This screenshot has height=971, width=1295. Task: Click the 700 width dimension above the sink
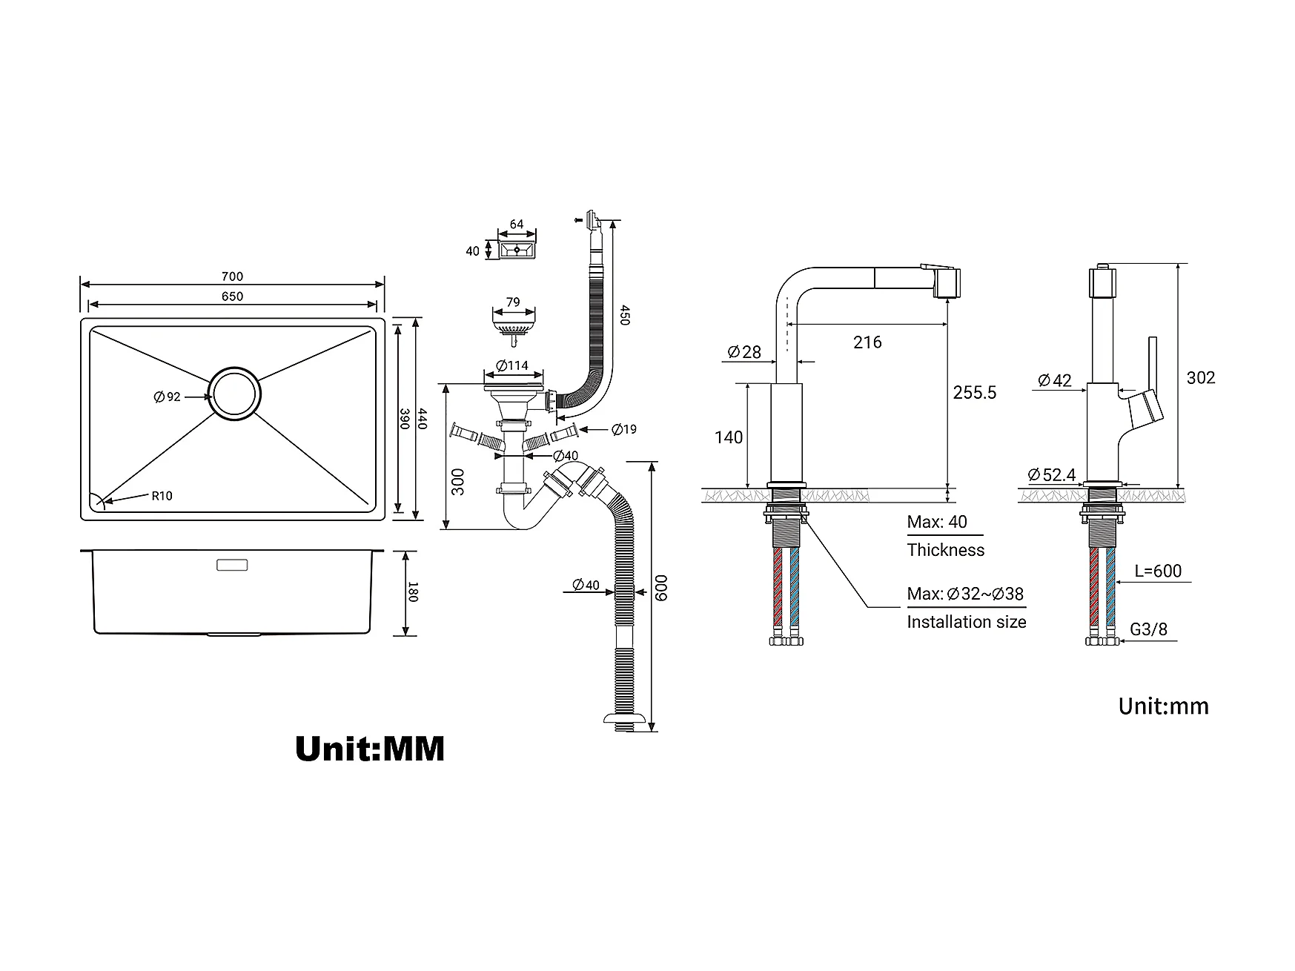(x=232, y=276)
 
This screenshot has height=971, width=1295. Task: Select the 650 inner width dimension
(x=232, y=296)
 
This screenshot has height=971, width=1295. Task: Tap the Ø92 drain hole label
(x=168, y=397)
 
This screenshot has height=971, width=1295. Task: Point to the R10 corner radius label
(x=162, y=496)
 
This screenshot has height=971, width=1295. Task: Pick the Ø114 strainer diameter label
(x=512, y=365)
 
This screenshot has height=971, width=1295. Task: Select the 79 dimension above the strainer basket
(x=513, y=302)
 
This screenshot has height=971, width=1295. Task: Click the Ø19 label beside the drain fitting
(x=624, y=429)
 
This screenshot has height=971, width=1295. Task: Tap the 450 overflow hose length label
(x=624, y=315)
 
